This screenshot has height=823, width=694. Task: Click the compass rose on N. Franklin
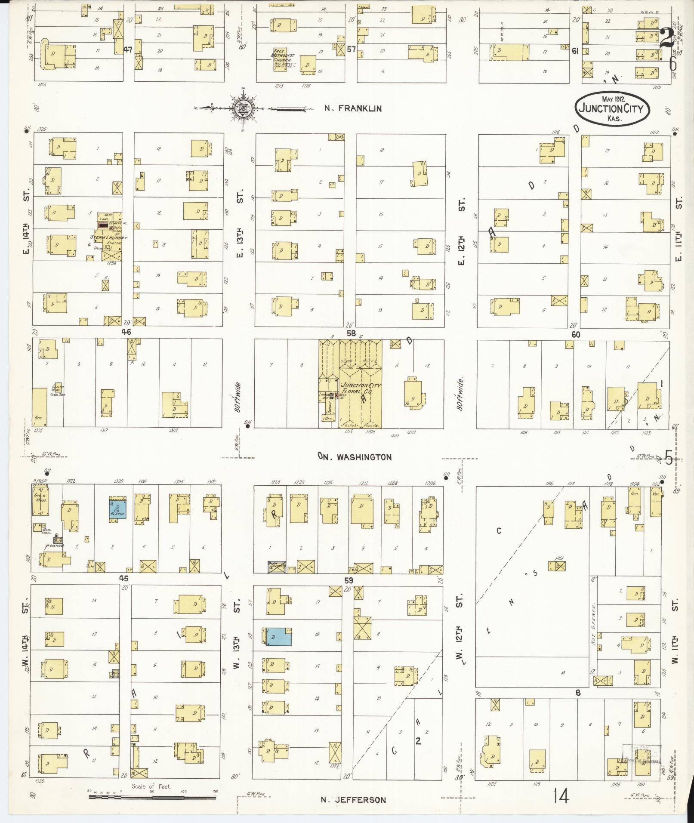tap(244, 108)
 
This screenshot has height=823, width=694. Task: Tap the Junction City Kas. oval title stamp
tap(613, 108)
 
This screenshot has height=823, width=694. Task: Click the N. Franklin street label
tap(353, 108)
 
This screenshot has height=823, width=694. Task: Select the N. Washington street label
tap(355, 456)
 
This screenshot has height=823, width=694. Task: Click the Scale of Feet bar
tap(152, 797)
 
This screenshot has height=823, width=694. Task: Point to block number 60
tap(576, 334)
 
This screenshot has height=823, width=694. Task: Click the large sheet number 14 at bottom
tap(561, 796)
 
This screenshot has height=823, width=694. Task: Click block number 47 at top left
tap(127, 49)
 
